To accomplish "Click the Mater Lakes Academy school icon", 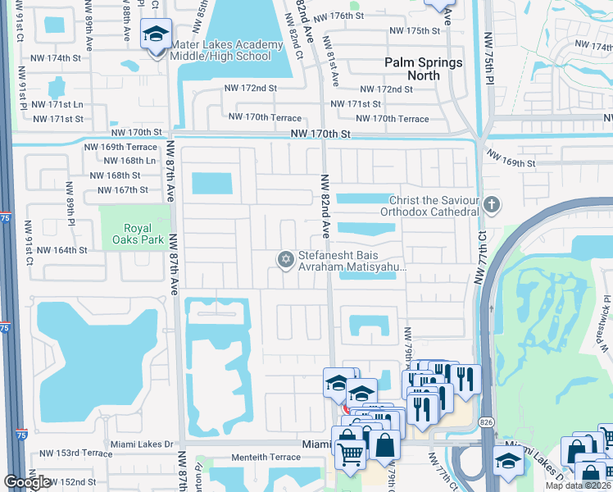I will coord(156,35).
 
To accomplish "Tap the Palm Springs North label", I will coord(424,69).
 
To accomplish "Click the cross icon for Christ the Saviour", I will coord(491,204).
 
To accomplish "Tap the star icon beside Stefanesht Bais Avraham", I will coord(285,260).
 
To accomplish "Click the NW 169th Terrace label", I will coord(120,147).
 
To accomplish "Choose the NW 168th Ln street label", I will coord(124,161).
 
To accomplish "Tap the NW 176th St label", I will coord(359,16).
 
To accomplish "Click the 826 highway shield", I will coord(487,421).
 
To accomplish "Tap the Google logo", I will coord(27,482).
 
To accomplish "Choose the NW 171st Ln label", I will coord(54,105).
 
